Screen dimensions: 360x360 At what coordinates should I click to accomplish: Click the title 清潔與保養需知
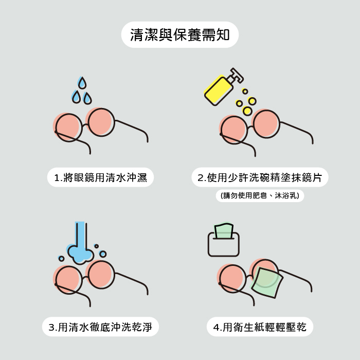point(180,35)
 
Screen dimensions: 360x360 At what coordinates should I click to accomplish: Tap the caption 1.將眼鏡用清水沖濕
point(100,177)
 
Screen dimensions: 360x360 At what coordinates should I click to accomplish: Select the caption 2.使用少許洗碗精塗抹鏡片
point(260,177)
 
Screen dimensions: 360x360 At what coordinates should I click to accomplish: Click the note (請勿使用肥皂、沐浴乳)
point(260,195)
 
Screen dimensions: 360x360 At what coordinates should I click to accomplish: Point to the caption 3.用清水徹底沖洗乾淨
point(100,327)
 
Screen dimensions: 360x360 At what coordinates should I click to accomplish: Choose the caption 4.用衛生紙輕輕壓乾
point(260,327)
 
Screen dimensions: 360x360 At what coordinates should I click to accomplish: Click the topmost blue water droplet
point(82,83)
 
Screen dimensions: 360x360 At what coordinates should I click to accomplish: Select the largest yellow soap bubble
point(247,111)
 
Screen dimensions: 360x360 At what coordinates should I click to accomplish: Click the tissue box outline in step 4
point(223,244)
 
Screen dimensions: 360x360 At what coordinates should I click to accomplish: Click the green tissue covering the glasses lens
point(266,282)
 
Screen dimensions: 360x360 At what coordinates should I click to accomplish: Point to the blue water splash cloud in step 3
point(80,255)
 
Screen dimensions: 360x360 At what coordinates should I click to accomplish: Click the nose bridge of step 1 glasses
point(85,125)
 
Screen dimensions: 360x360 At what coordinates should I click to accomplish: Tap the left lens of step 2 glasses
point(234,130)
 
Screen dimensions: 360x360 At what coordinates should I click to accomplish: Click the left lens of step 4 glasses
point(232,279)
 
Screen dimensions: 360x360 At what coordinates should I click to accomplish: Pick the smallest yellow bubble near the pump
point(245,92)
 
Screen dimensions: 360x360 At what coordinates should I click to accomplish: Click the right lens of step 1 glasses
point(101,122)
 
